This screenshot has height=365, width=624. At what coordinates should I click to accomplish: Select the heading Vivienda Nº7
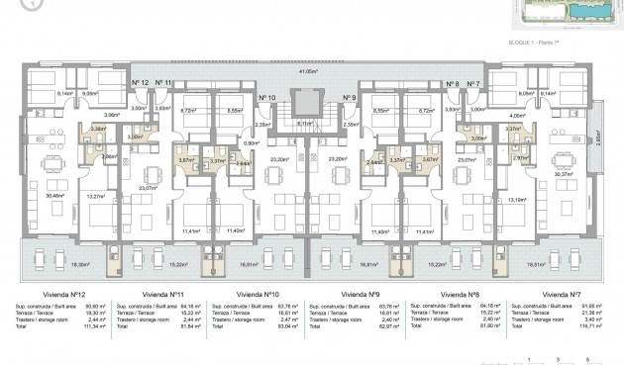(x=562, y=294)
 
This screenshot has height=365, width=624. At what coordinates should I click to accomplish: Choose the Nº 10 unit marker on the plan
(x=266, y=98)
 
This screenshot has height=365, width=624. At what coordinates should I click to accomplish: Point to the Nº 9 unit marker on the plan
(x=349, y=98)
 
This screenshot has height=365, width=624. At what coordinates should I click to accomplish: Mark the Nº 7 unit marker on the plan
(x=473, y=84)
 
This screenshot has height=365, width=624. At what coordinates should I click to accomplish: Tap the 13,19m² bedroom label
(x=517, y=200)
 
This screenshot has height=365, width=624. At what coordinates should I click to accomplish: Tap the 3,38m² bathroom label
(x=98, y=129)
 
